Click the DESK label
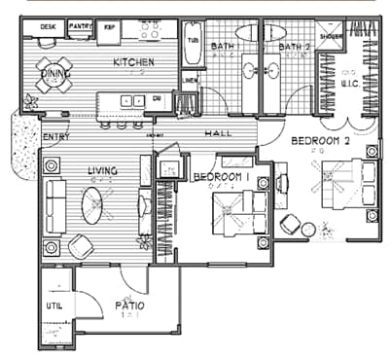coord(47,26)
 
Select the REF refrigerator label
coord(110,27)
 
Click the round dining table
coord(53,75)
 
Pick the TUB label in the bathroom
coord(192,41)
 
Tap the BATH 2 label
coord(293,46)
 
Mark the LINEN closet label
coord(191,80)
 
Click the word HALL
coord(216,133)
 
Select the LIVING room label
coord(102,171)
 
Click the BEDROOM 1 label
coord(222,176)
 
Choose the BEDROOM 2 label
coord(322,141)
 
